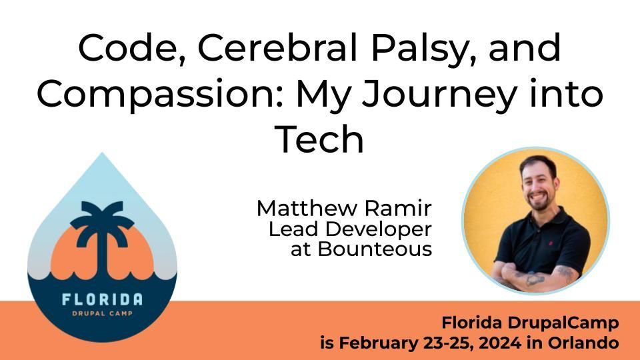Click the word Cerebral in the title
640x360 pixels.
coord(277,48)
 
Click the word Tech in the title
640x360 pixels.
coord(319,139)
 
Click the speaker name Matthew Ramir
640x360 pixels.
coord(344,208)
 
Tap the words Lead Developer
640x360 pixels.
coord(350,229)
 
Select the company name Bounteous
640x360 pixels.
coord(375,249)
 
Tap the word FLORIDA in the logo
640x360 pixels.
coord(103,299)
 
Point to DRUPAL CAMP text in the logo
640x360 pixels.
coord(102,313)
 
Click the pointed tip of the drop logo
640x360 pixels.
coord(102,153)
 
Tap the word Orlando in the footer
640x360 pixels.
coord(583,342)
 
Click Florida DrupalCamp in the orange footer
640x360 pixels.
coord(530,323)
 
